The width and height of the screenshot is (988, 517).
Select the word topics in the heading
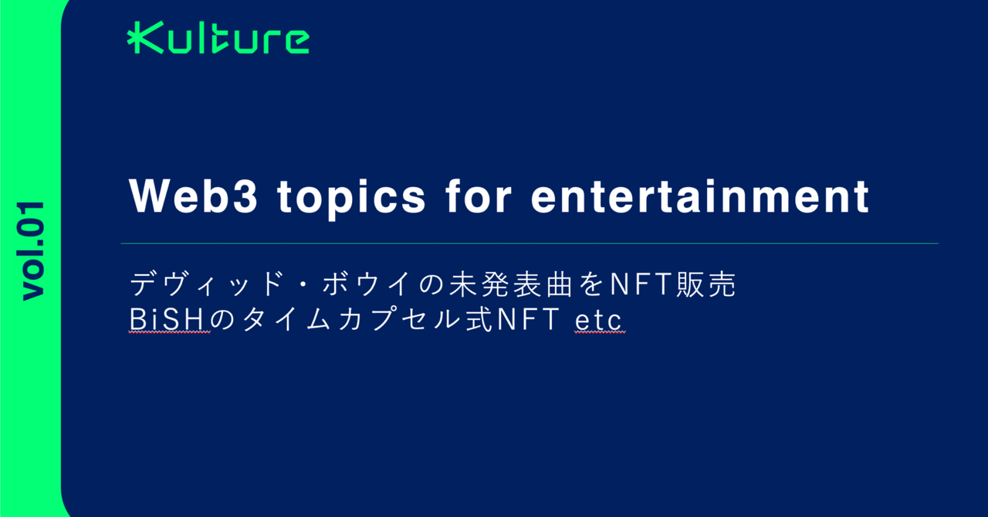351,198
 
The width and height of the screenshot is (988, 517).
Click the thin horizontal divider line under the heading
530,243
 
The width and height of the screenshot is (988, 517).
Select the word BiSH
169,319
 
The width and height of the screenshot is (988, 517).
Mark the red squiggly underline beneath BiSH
169,332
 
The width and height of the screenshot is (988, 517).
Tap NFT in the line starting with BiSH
529,319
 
